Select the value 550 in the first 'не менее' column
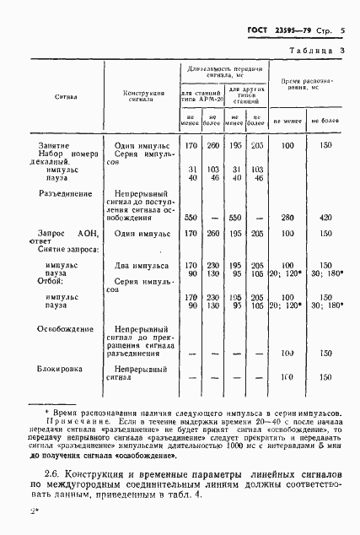[191, 218]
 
